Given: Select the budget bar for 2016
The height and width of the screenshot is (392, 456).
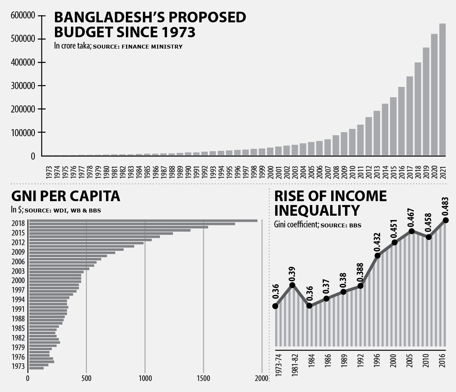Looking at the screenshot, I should click(x=401, y=121).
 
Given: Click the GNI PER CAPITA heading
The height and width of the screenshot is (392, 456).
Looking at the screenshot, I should click(x=66, y=196).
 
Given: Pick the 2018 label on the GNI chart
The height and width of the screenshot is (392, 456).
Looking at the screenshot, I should click(x=18, y=223).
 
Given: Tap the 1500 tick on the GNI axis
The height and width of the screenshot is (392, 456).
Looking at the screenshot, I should click(x=203, y=379).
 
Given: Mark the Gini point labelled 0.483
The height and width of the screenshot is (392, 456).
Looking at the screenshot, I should click(x=446, y=220).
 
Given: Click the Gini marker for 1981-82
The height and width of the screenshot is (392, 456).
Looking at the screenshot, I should click(x=292, y=285).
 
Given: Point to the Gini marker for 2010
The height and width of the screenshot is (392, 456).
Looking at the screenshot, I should click(x=429, y=237).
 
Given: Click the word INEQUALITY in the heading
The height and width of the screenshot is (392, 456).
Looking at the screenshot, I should click(x=317, y=210).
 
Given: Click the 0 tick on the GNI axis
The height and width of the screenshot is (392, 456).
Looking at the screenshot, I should click(x=28, y=379).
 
